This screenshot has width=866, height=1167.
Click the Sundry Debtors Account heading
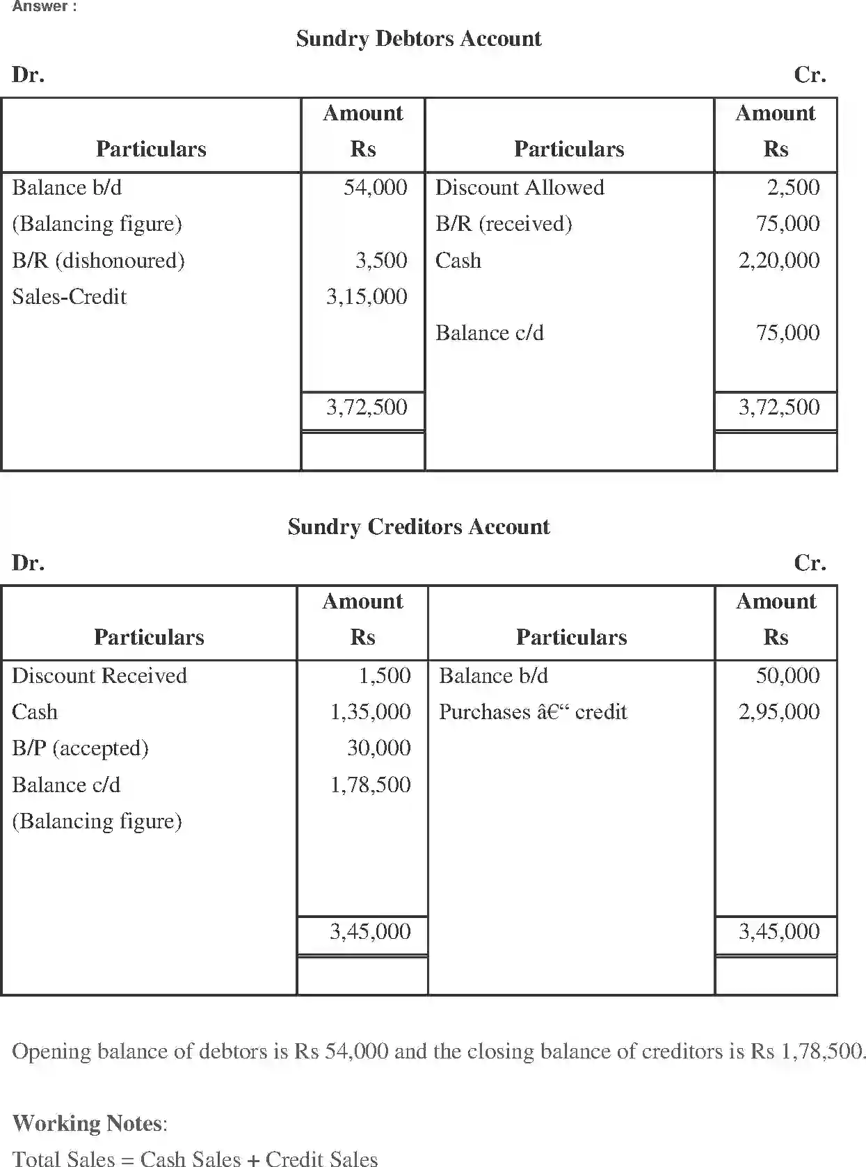pos(418,38)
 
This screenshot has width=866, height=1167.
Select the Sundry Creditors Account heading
pos(418,526)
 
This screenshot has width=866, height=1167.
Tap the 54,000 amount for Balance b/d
pos(375,187)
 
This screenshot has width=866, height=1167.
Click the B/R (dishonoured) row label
pos(98,260)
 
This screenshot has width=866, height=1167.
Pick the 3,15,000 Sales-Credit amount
pos(367,296)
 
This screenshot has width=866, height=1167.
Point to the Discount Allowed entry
pos(519,187)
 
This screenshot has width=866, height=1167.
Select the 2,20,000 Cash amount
pos(778,260)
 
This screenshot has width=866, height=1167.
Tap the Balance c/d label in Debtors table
pos(489,332)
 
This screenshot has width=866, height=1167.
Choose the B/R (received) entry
pos(503,223)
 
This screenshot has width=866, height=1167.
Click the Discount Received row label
pos(99,675)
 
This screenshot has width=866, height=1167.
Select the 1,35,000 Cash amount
pos(369,711)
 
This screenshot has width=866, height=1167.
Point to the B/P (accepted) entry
pos(80,748)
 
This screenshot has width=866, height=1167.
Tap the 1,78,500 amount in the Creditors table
pos(369,784)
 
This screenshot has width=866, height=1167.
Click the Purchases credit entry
pos(532,711)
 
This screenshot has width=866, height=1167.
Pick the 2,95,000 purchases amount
pos(778,711)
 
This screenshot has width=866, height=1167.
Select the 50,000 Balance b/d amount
pos(787,675)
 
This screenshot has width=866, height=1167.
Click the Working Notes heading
pos(89,1122)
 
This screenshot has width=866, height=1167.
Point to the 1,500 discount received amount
pos(384,675)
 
